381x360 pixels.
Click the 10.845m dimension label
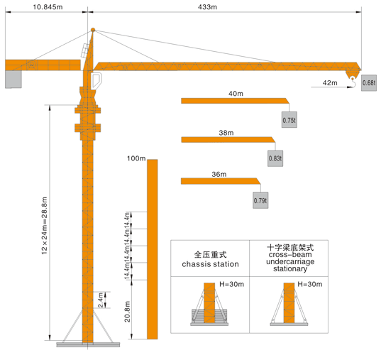tap(48, 7)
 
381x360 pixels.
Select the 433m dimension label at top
tap(207, 7)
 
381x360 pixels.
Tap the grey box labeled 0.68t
tap(369, 83)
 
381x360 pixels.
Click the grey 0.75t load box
tap(289, 120)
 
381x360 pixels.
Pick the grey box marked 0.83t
tap(275, 158)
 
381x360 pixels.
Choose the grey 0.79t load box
tap(260, 200)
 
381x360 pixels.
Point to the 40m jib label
tap(236, 94)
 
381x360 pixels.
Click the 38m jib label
tap(226, 133)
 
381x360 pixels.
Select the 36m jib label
tap(219, 175)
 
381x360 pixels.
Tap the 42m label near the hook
tap(330, 83)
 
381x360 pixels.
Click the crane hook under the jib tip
tap(353, 82)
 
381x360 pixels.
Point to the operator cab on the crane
tap(96, 80)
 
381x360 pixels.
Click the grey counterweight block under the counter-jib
tap(13, 80)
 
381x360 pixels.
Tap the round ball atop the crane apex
tap(93, 30)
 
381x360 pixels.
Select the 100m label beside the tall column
tap(136, 158)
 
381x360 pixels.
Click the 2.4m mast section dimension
tap(100, 300)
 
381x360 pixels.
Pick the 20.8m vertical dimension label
tap(127, 312)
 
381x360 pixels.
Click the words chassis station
tap(210, 264)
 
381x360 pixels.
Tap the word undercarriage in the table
tap(290, 262)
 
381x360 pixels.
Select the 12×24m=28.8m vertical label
tap(45, 226)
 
